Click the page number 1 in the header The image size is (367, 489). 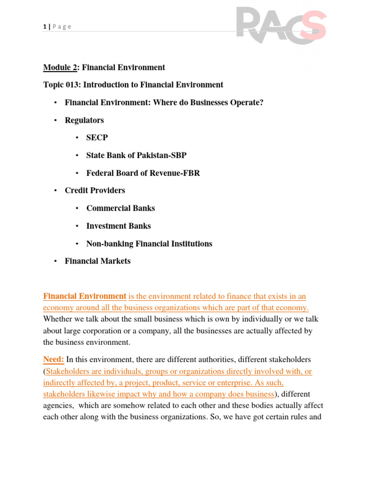coord(44,27)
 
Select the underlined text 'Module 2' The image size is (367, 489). coord(60,67)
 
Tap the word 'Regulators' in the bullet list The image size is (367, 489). coord(84,120)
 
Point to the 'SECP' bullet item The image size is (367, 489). coord(97,138)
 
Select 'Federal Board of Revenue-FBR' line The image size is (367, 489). coord(143,173)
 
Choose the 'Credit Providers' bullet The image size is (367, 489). coord(95,191)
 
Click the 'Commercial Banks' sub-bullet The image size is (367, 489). coord(120,208)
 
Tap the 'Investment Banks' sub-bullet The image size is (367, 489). coord(119,226)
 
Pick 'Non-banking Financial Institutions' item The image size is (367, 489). coord(149,244)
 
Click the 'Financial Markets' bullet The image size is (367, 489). coord(97,261)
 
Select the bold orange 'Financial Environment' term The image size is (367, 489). coord(85,296)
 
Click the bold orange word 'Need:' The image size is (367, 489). coord(54,359)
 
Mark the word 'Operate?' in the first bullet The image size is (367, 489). coord(246,103)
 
